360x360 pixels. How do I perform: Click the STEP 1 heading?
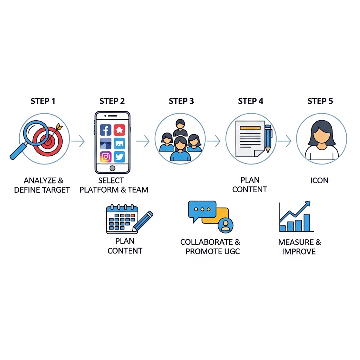pos(43,101)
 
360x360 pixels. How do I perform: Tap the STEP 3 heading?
pos(181,101)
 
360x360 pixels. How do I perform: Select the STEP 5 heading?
pos(320,101)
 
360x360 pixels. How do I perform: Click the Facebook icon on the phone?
pos(105,130)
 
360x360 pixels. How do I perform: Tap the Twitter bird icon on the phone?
pos(120,157)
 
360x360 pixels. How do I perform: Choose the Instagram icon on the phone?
pos(105,157)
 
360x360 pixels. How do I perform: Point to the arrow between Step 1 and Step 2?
pos(78,141)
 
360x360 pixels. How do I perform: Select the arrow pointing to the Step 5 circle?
pos(284,141)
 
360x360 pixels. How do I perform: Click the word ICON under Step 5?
pos(319,180)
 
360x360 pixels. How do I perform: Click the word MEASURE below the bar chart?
pos(296,242)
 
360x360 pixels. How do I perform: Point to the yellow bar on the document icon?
pos(250,128)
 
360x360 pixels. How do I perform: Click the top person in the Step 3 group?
pos(180,128)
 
